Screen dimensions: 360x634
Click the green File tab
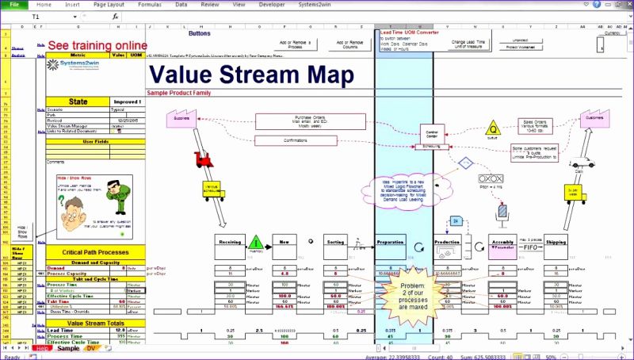pos(14,4)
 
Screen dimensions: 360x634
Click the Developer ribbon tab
pos(273,4)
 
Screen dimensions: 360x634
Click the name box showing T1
pos(48,16)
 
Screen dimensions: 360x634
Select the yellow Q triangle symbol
pos(492,128)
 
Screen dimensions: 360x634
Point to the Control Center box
pos(432,134)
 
